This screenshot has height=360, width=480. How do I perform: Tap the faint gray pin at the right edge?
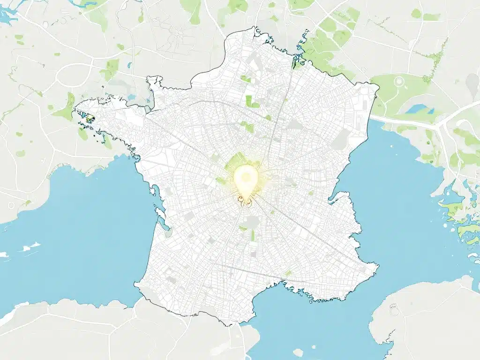click(x=472, y=86)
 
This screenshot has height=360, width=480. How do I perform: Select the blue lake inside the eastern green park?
click(x=416, y=109)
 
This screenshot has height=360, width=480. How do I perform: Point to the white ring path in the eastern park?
click(x=399, y=81)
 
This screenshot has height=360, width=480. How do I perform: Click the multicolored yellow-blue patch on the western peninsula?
click(x=88, y=119)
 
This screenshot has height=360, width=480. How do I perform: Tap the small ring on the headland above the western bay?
click(x=11, y=205)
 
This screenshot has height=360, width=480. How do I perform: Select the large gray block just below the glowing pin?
click(x=253, y=222)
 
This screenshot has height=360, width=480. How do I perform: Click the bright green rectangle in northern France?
click(x=252, y=101)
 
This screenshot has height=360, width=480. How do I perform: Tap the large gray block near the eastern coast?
click(x=343, y=139)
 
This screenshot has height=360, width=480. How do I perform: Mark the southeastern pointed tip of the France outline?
click(x=377, y=267)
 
